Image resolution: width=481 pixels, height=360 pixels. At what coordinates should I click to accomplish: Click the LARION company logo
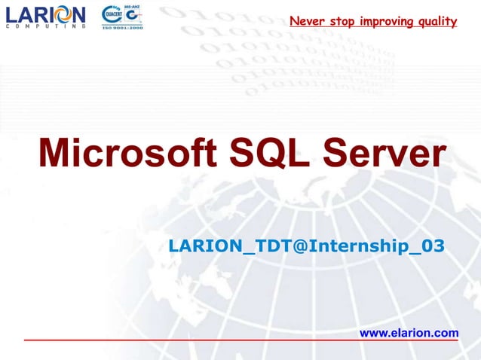click(x=46, y=16)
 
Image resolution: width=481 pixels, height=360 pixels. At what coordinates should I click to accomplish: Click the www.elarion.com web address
click(x=409, y=332)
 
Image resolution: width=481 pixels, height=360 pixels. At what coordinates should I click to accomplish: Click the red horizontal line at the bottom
click(x=240, y=340)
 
